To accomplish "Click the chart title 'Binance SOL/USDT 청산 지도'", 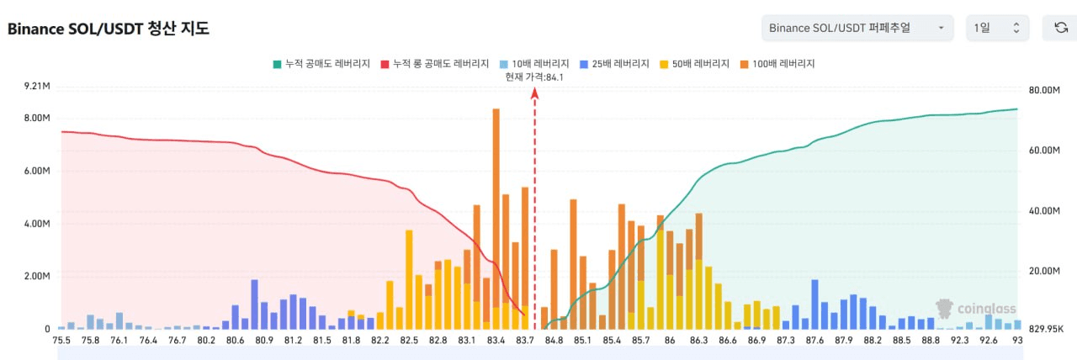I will pyautogui.click(x=109, y=29).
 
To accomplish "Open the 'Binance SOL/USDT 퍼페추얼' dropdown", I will pyautogui.click(x=857, y=28).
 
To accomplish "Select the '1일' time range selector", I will pyautogui.click(x=997, y=28).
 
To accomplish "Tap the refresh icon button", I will pyautogui.click(x=1061, y=28).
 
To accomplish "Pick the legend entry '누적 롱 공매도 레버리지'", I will pyautogui.click(x=435, y=64).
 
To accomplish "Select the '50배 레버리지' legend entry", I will pyautogui.click(x=696, y=64).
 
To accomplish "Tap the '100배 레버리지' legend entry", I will pyautogui.click(x=778, y=64).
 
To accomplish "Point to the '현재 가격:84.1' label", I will pyautogui.click(x=534, y=77).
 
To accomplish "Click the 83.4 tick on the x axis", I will pyautogui.click(x=496, y=341).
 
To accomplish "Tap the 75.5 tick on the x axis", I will pyautogui.click(x=61, y=341).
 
